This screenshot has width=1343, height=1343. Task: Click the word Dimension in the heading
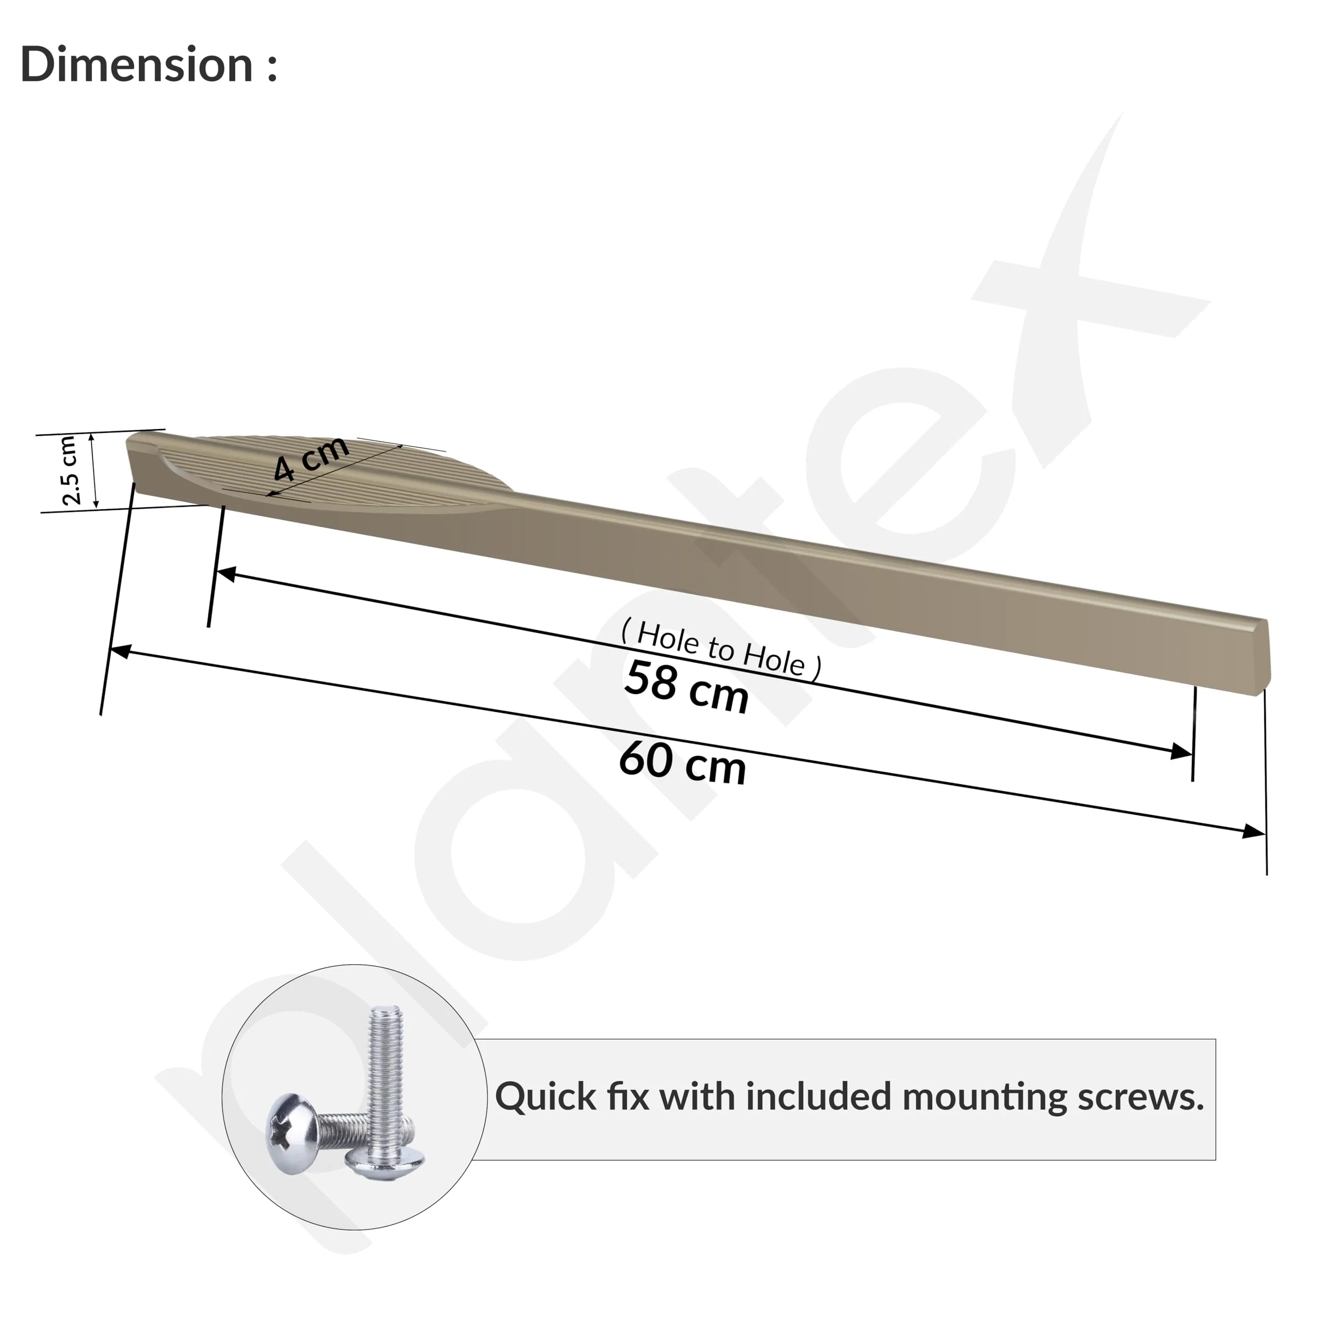[x=136, y=64]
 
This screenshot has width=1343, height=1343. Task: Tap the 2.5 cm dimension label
[x=70, y=470]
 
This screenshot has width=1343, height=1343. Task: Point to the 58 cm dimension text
[x=686, y=687]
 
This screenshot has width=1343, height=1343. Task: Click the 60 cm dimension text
[x=682, y=763]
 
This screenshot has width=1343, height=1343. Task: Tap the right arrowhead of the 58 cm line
[x=1182, y=751]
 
